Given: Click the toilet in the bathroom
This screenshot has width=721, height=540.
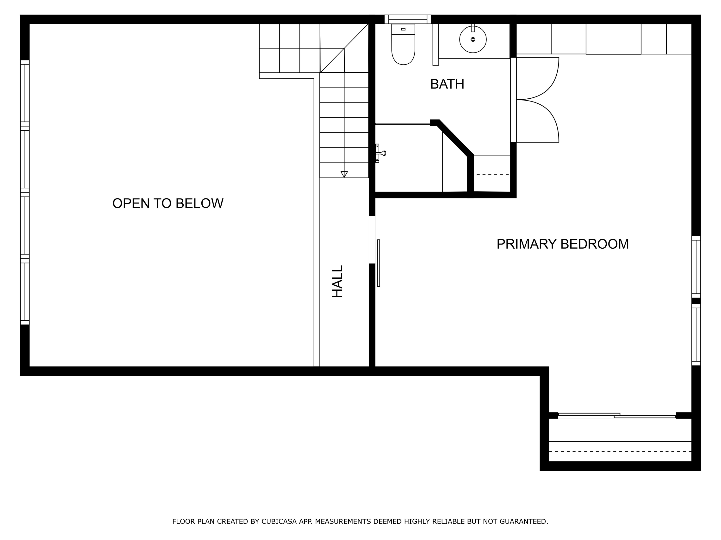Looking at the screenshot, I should coord(403,47).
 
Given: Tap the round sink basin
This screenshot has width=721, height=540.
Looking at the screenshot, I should coord(473,40).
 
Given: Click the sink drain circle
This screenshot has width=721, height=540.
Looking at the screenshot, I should coord(473,39).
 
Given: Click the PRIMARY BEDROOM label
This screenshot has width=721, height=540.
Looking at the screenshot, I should coord(562,244).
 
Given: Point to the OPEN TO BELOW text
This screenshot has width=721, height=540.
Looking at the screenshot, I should coord(168,204).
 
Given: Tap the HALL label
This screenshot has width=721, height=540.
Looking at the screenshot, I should coord(338,281).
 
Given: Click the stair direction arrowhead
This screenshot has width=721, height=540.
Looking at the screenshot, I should coord(344,174).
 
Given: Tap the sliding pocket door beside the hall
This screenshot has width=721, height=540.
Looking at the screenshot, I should coord(379,263).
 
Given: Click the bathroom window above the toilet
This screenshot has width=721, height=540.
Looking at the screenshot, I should coord(408,19).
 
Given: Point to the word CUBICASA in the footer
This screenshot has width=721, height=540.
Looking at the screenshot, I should coord(279,522).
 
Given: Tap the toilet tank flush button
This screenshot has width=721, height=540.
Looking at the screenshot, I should coord(403,29).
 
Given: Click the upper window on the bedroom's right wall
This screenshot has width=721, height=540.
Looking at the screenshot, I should coord(696,267).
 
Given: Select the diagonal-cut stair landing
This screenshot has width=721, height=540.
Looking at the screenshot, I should coord(344,48).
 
